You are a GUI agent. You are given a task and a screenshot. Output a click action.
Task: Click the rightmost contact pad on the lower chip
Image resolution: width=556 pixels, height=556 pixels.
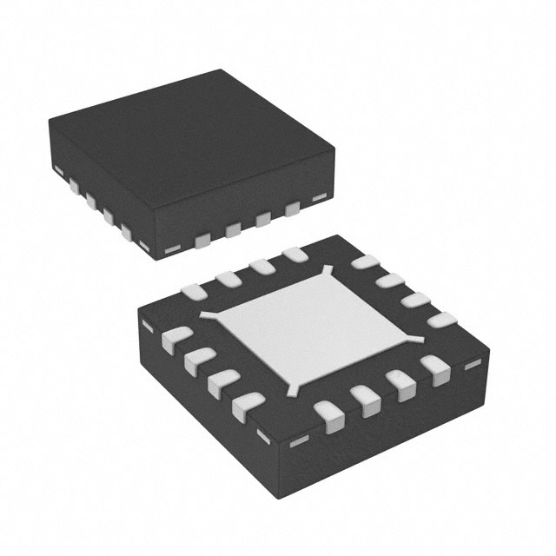click(x=442, y=320)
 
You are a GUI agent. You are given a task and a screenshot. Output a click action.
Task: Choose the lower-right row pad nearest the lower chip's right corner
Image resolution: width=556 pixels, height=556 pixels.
click(x=434, y=369)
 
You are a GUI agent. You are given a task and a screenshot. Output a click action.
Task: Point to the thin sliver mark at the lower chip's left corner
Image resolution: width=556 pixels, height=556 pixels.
click(x=147, y=325)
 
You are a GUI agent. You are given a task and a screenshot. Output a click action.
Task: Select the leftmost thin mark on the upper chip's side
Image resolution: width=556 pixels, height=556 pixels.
click(x=59, y=168)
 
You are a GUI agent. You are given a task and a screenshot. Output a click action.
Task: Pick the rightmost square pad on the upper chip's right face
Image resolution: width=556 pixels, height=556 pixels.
click(x=293, y=208)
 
